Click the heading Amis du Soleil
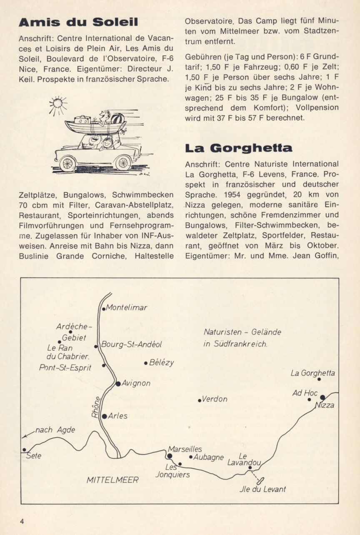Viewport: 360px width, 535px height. pos(78,23)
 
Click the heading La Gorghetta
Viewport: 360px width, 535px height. pos(239,148)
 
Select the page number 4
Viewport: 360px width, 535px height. pos(21,521)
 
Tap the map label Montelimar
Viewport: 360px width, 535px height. pos(127,308)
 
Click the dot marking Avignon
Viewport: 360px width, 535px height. pos(118,383)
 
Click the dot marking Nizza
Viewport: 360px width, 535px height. pos(322,397)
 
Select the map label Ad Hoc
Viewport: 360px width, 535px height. pos(305,393)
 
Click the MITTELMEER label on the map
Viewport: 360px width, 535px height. pos(112,480)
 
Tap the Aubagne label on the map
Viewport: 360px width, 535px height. pos(209,457)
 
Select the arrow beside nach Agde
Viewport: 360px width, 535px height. pos(28,434)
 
